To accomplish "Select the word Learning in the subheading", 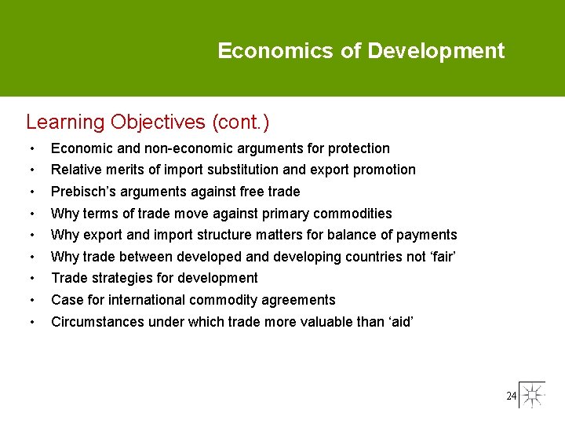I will click(65, 122).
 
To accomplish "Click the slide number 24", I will click(511, 397).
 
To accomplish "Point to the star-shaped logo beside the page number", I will click(533, 395).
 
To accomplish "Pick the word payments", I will click(428, 235).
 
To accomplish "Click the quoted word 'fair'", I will click(441, 257).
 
